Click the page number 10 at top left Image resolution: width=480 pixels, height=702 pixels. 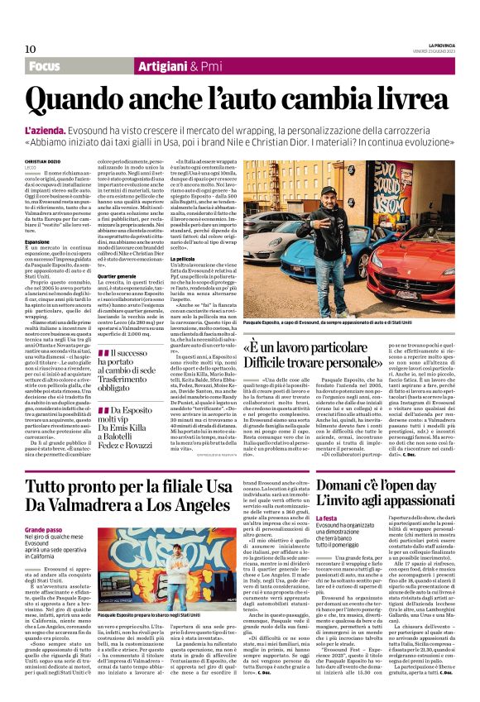pyautogui.click(x=31, y=49)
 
